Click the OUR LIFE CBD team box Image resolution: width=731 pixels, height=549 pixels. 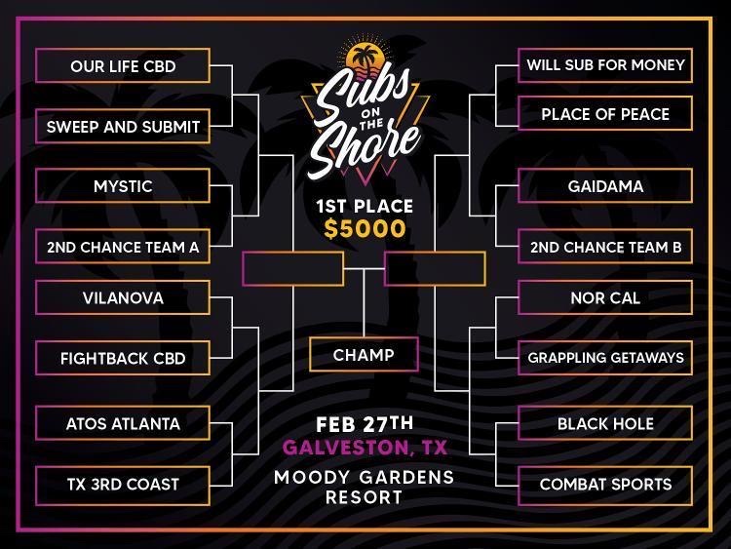pyautogui.click(x=123, y=65)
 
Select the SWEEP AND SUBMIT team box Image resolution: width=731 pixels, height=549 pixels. pyautogui.click(x=123, y=127)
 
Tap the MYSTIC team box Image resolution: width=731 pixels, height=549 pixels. pyautogui.click(x=123, y=186)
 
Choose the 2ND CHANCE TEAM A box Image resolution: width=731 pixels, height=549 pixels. pyautogui.click(x=123, y=247)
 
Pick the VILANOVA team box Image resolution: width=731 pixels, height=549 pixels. pyautogui.click(x=123, y=297)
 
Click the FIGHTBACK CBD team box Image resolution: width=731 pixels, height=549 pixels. pyautogui.click(x=123, y=358)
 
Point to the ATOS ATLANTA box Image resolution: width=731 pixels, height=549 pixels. pyautogui.click(x=123, y=423)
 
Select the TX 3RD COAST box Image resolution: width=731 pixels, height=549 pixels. pyautogui.click(x=123, y=485)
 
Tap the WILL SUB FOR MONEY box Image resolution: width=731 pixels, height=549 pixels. pyautogui.click(x=605, y=64)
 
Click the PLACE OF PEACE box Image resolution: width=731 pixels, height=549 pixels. pyautogui.click(x=605, y=114)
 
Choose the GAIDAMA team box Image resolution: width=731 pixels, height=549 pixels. pyautogui.click(x=605, y=186)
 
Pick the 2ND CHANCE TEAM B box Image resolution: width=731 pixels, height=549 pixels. pyautogui.click(x=605, y=247)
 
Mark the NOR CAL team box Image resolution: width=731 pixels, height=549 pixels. pyautogui.click(x=605, y=297)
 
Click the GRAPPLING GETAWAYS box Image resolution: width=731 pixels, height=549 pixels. pyautogui.click(x=605, y=358)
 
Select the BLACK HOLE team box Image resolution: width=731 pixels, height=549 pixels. pyautogui.click(x=605, y=423)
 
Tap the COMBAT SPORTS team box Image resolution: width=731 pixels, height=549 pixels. pyautogui.click(x=605, y=485)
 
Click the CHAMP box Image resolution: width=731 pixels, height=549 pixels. pyautogui.click(x=364, y=355)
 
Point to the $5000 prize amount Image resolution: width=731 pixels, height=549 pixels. pyautogui.click(x=365, y=229)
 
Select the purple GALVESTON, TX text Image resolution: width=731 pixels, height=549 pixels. pyautogui.click(x=365, y=448)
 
